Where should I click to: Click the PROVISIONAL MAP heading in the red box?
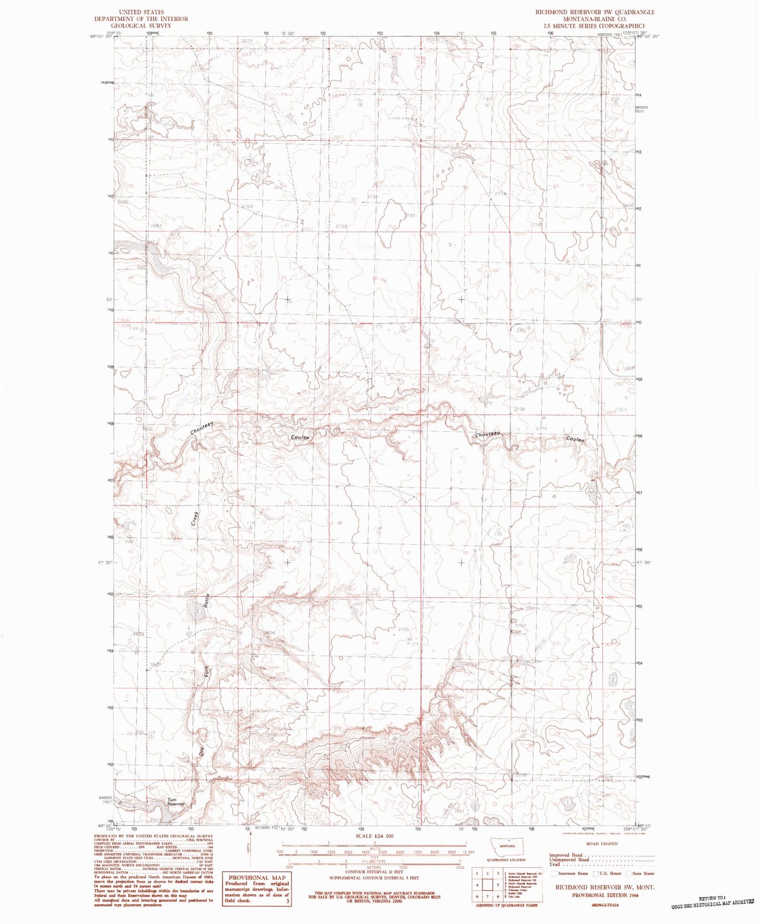click(257, 877)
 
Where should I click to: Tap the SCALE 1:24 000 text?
click(363, 836)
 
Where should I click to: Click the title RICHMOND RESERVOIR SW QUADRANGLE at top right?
click(587, 12)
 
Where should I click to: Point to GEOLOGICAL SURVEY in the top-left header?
click(140, 25)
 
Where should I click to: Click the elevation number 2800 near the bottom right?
click(521, 775)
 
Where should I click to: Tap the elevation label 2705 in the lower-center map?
click(403, 629)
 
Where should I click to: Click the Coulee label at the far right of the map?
click(575, 439)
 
